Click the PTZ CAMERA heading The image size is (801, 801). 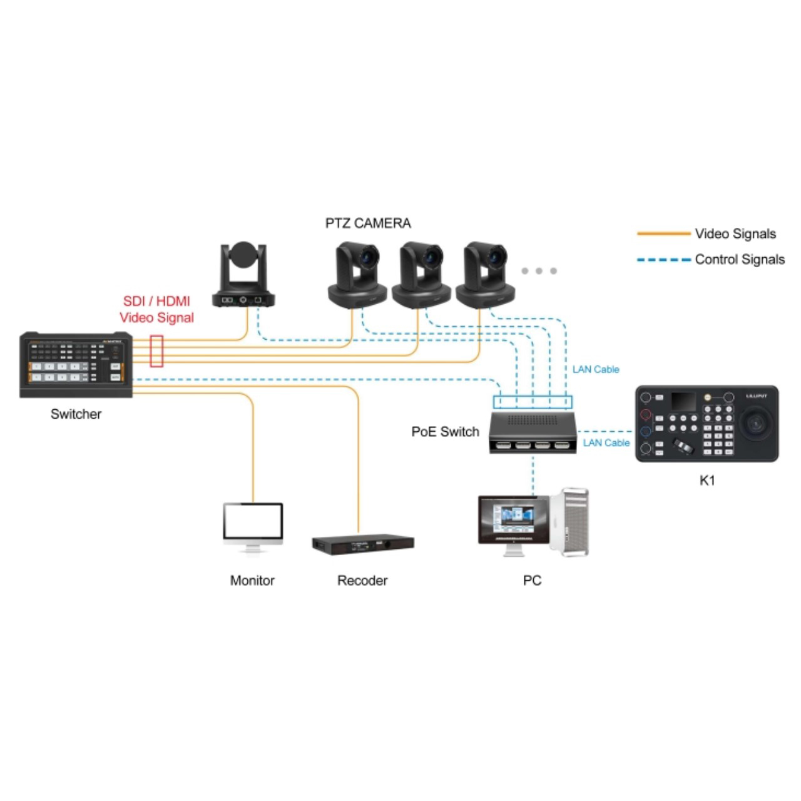(x=368, y=223)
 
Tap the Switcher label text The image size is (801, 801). (x=76, y=414)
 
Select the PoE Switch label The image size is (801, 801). (x=445, y=431)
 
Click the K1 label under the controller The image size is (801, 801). (x=707, y=481)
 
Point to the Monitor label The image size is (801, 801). (x=252, y=580)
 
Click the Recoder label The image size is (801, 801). (x=362, y=580)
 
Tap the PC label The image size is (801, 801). (x=532, y=580)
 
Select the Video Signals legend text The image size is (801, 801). (x=735, y=233)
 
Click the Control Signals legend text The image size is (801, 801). (x=740, y=259)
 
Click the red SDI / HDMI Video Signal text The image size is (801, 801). (x=156, y=309)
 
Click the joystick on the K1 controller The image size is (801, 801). (x=755, y=423)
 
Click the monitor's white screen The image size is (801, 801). (x=253, y=522)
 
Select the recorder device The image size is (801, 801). (x=363, y=544)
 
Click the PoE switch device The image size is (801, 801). (x=533, y=432)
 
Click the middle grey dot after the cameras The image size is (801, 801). (x=539, y=271)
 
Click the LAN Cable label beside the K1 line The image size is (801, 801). (x=606, y=442)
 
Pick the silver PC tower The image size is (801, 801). (x=569, y=522)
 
